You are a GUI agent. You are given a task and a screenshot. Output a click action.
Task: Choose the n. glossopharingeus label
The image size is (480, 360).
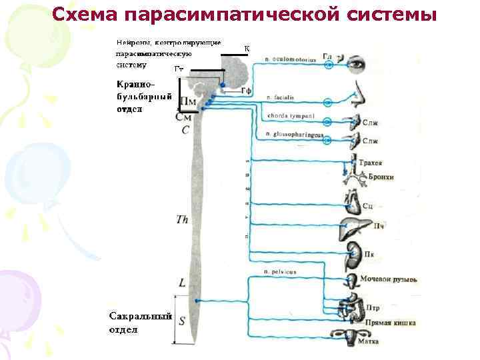(x=293, y=135)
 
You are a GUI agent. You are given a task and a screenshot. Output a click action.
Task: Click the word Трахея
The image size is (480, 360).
(x=371, y=162)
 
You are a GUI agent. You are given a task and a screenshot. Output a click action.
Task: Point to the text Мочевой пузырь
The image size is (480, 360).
(x=388, y=279)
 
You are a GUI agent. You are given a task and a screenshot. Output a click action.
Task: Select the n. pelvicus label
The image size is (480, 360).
(x=281, y=272)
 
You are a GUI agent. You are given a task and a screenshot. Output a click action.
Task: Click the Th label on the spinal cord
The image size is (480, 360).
(x=181, y=218)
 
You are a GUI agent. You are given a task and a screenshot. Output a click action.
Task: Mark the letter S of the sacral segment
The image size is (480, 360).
(x=182, y=320)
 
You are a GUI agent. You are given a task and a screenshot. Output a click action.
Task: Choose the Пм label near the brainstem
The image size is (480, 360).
(x=189, y=102)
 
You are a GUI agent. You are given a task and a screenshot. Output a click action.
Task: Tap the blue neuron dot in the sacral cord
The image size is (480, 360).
(x=196, y=301)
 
